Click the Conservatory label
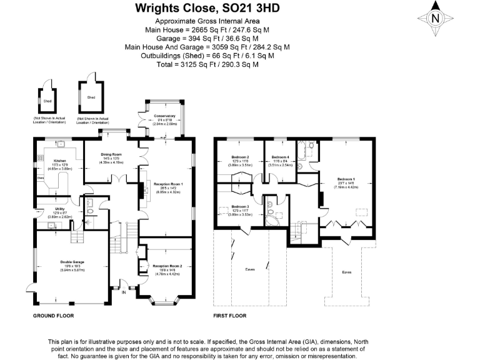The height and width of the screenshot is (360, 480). click(165, 116)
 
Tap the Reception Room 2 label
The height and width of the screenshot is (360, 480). click(167, 266)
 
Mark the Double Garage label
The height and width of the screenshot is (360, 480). click(72, 262)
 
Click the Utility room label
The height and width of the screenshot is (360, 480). click(60, 209)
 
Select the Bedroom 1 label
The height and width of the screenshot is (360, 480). click(345, 178)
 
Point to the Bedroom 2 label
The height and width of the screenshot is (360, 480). click(240, 157)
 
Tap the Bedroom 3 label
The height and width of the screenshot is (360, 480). click(240, 207)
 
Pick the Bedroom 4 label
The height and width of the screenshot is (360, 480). click(281, 157)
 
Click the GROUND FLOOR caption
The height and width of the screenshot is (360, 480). click(53, 316)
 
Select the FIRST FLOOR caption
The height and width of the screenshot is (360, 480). click(230, 316)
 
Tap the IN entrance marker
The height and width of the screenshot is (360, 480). click(123, 292)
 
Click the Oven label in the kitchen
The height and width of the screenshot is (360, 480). click(40, 177)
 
